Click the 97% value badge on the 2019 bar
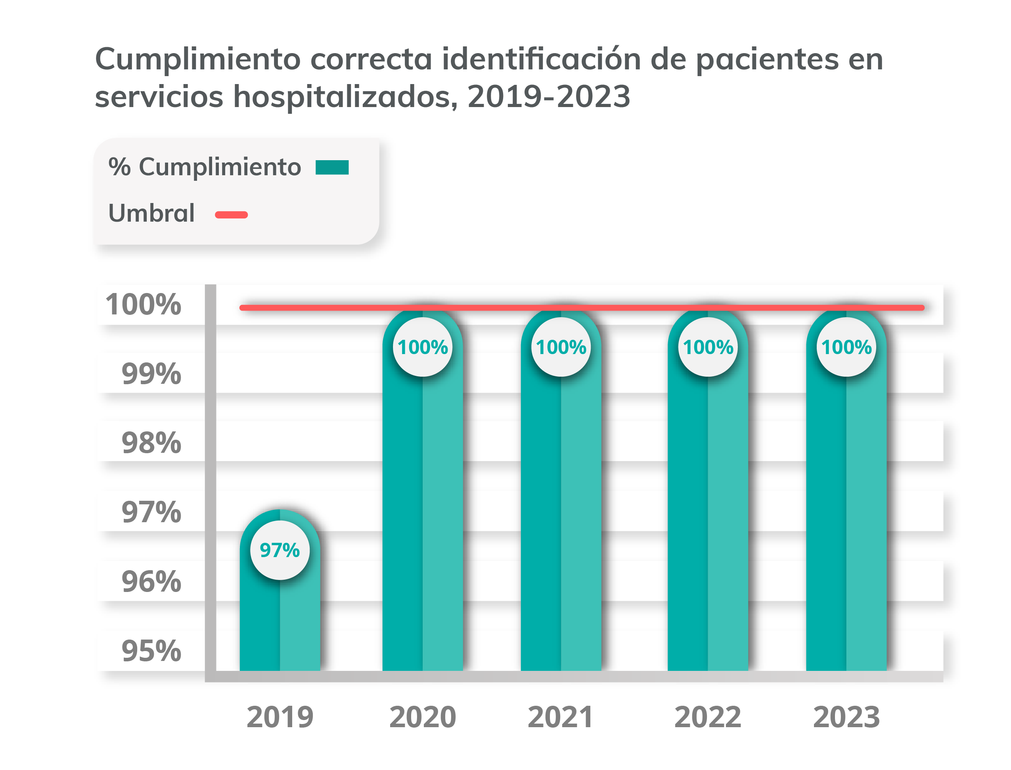(x=280, y=550)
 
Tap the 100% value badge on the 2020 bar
(x=423, y=347)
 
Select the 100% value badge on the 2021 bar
(x=561, y=347)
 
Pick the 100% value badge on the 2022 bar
(x=708, y=347)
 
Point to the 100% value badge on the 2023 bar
(x=846, y=347)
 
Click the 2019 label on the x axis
(x=280, y=717)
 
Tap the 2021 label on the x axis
(x=561, y=717)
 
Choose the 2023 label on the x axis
(x=846, y=717)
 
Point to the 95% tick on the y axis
(x=151, y=651)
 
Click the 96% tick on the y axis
(x=151, y=582)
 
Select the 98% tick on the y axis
(x=151, y=443)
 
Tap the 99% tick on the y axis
(x=151, y=374)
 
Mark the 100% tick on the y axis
(x=144, y=305)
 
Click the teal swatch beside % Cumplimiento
(x=332, y=167)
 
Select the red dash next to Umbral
(x=232, y=215)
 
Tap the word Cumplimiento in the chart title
(x=197, y=59)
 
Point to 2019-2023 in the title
(x=549, y=97)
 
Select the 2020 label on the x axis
(x=423, y=717)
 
